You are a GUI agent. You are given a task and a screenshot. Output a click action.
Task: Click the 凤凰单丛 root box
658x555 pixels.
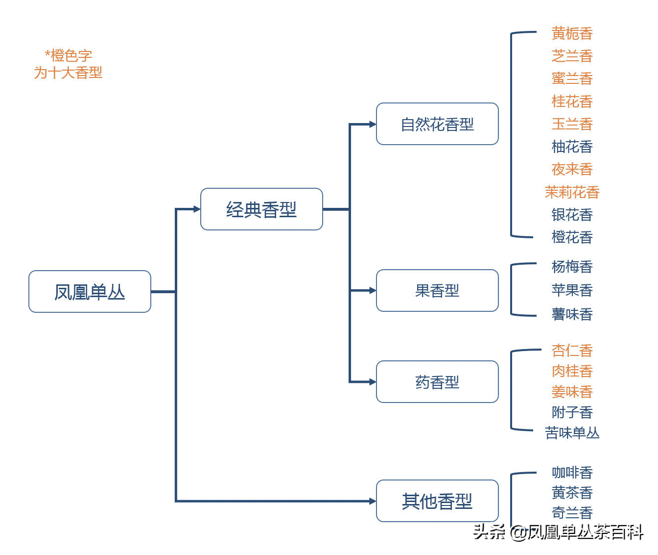tap(90, 291)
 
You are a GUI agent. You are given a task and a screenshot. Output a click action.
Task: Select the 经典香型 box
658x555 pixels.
tap(261, 209)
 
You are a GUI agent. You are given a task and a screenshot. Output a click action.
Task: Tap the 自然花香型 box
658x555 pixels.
tap(437, 124)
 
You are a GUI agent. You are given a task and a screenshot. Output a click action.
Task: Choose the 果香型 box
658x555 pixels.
tap(437, 290)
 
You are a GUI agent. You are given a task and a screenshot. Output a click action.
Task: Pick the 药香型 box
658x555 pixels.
tap(437, 381)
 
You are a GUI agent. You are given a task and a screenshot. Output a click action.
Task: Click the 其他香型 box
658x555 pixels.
tap(437, 501)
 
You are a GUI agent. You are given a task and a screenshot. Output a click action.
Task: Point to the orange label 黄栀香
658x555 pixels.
tap(572, 33)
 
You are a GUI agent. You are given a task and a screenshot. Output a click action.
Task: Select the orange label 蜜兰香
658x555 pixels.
tap(572, 78)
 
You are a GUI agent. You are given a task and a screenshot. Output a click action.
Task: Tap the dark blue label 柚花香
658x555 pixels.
tap(572, 147)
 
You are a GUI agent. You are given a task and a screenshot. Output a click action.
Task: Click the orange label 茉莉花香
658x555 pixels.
tap(572, 192)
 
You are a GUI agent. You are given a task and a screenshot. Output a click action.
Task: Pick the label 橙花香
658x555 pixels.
tap(572, 237)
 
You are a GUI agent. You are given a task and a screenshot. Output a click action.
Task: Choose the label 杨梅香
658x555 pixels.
tap(572, 266)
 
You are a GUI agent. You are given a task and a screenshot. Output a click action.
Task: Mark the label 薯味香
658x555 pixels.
tap(572, 314)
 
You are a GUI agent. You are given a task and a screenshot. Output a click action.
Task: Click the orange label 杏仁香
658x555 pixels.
tap(572, 351)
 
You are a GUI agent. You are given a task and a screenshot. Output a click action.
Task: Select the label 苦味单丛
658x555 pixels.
tap(572, 432)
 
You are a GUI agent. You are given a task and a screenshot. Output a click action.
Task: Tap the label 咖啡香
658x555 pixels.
tap(572, 473)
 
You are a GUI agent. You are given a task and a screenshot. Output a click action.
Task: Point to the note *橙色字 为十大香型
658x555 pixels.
tap(68, 64)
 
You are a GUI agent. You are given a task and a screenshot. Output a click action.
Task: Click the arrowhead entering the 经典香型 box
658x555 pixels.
tap(197, 209)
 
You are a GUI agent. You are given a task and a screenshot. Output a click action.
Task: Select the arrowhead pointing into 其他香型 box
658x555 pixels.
tap(373, 501)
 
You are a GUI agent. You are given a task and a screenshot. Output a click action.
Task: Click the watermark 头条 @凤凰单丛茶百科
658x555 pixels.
tap(558, 532)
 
